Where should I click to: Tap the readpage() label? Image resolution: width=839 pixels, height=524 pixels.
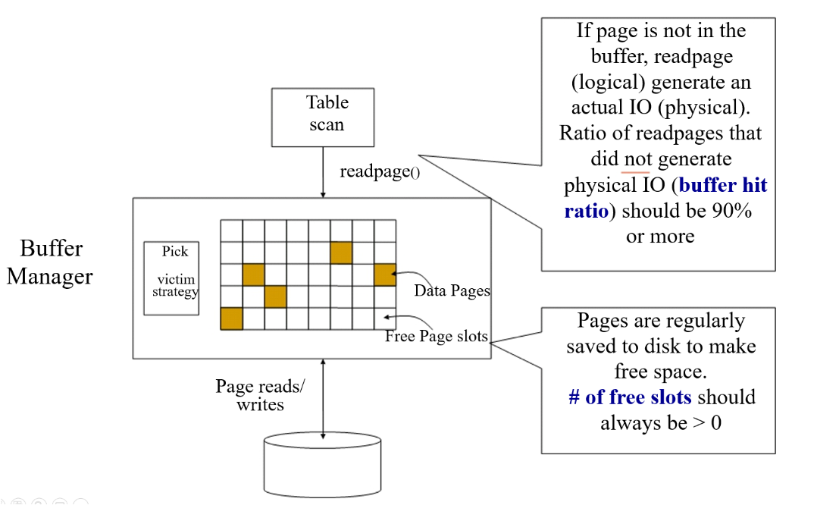(379, 171)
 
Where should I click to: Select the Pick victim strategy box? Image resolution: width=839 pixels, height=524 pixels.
(172, 278)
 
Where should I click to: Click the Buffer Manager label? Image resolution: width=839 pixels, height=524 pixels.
(50, 262)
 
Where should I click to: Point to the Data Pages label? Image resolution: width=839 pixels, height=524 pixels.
(452, 290)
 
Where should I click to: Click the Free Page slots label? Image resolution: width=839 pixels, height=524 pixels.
(436, 336)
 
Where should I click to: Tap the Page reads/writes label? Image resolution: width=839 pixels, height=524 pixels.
(260, 395)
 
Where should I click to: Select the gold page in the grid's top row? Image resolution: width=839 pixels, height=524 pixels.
(341, 253)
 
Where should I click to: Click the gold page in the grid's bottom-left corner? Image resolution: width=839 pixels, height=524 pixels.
(231, 318)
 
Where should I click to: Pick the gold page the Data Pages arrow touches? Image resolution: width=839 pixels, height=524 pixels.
(385, 275)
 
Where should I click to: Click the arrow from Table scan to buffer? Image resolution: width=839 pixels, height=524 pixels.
(324, 172)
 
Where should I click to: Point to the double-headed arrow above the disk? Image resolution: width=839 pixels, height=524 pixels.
(324, 398)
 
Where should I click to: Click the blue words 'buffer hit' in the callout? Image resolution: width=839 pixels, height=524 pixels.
(723, 185)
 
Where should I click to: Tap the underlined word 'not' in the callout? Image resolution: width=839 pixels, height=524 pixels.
(636, 159)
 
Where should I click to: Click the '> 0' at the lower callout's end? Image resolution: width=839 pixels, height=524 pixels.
(706, 423)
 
